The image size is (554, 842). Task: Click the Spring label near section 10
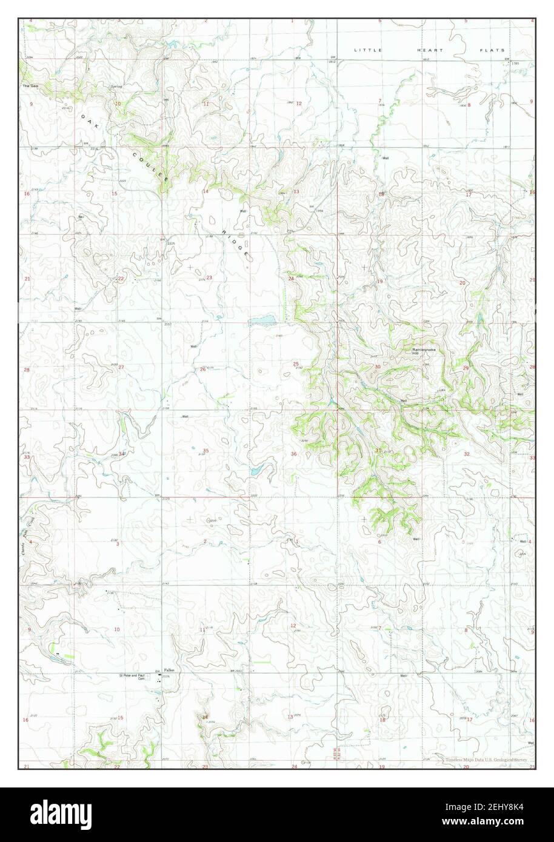(x=116, y=87)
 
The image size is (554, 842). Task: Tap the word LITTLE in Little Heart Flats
(x=369, y=50)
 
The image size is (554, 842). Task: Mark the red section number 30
(x=378, y=367)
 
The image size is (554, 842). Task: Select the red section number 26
(x=203, y=369)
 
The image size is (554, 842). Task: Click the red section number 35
(x=205, y=451)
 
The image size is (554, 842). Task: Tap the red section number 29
(x=466, y=368)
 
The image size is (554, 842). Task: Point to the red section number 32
(x=466, y=454)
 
